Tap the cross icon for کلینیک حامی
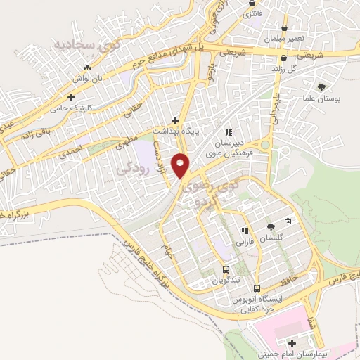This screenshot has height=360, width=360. click(x=70, y=98)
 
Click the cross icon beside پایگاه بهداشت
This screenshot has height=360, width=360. click(x=175, y=120)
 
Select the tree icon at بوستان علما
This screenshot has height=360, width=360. click(x=322, y=88)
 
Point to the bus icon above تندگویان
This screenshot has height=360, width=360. click(x=225, y=269)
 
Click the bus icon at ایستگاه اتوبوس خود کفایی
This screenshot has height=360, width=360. click(x=257, y=288)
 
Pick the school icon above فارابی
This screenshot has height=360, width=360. click(x=244, y=231)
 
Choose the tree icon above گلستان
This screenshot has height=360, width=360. click(x=271, y=226)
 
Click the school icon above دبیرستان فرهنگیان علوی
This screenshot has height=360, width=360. click(x=228, y=131)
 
